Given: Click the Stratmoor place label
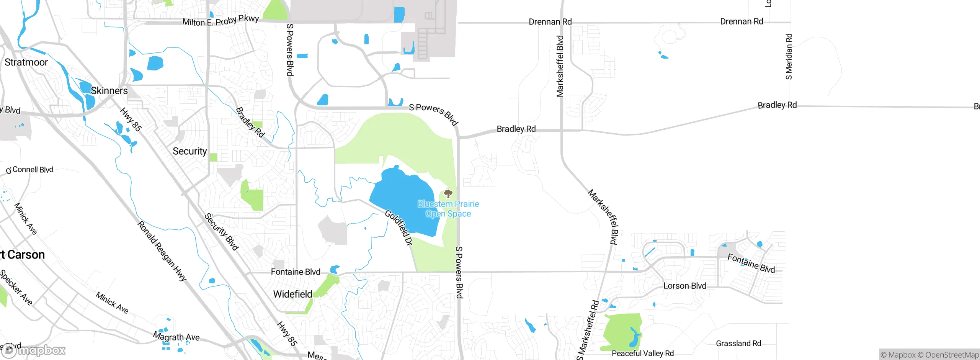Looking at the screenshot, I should point(26,62).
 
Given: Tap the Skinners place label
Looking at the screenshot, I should point(109,91).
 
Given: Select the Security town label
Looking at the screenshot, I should point(189,151).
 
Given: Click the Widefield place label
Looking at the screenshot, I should point(292,294).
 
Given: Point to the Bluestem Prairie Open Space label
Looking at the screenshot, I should point(448,209).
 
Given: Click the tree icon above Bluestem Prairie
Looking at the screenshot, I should point(448,193).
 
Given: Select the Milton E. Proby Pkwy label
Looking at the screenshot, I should point(220,20).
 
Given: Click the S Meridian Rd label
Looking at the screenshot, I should point(789,57).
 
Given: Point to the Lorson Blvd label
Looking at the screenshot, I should point(684,286).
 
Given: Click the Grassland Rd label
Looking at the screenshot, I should point(738,343).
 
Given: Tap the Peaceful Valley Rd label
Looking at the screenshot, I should point(642,353).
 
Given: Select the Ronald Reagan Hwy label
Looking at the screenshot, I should point(162,251).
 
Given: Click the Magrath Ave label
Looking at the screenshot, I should point(176,337).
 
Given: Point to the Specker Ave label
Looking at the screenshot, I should point(16,287).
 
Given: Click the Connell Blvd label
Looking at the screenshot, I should point(33,170).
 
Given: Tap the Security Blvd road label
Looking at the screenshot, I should point(222,232).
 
